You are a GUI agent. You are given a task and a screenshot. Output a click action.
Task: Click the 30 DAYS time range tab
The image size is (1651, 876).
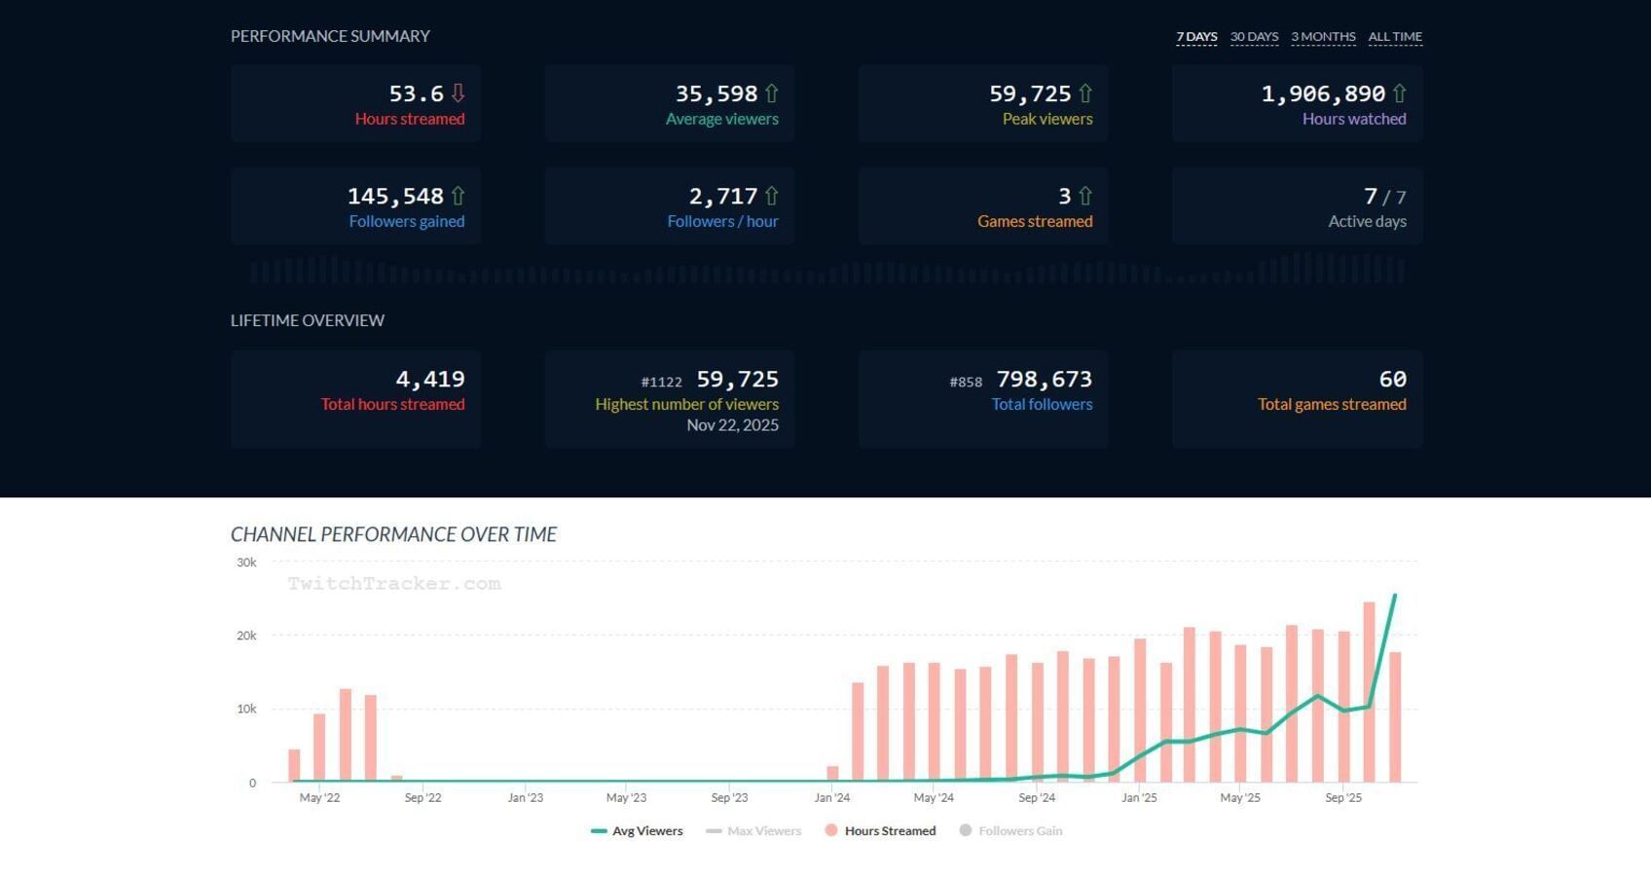click(1254, 37)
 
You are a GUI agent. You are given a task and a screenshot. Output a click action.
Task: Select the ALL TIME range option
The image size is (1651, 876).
click(1395, 37)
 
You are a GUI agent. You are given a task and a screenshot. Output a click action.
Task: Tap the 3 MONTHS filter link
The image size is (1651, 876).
click(1323, 37)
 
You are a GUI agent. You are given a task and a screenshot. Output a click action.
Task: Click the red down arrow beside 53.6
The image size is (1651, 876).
click(458, 93)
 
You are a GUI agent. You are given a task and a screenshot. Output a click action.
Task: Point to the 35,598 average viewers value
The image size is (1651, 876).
click(715, 93)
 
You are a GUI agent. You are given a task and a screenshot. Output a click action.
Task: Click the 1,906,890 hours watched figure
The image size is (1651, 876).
click(1323, 93)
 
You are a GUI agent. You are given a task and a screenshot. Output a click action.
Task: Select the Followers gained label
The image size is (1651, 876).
click(406, 221)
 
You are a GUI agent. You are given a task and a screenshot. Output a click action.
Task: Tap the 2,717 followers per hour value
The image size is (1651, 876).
click(722, 197)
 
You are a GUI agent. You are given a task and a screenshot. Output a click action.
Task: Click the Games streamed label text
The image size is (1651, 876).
click(1035, 221)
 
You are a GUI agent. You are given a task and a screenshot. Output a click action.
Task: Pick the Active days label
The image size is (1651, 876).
click(1367, 221)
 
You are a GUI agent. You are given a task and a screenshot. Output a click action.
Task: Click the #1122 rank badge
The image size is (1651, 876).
click(661, 383)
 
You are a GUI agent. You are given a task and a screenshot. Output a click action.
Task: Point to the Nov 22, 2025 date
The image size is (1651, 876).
click(732, 425)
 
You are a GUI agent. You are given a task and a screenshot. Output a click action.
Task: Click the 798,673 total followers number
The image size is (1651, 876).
click(1044, 380)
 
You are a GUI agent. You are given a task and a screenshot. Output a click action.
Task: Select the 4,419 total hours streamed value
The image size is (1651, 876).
click(429, 380)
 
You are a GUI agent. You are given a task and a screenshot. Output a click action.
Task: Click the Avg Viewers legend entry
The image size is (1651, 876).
click(638, 831)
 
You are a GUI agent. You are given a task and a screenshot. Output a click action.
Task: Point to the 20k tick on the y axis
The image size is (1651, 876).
click(246, 636)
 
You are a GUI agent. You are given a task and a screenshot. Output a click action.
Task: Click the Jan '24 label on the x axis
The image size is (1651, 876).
click(831, 798)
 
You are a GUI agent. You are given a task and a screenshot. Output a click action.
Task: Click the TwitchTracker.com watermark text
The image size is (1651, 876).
click(394, 584)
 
